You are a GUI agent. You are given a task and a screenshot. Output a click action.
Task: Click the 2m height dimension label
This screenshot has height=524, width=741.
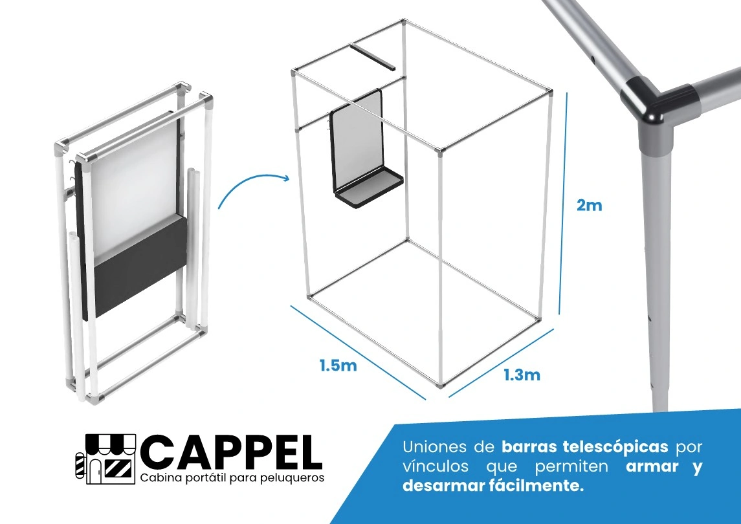[590, 206]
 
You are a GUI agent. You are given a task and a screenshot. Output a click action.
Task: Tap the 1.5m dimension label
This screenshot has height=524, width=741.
[338, 366]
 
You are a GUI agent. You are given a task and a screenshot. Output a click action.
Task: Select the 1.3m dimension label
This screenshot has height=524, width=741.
[522, 375]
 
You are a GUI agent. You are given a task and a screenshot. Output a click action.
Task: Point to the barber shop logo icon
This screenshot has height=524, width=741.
[105, 459]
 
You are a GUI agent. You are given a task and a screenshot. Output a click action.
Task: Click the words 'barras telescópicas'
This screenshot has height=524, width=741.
[585, 446]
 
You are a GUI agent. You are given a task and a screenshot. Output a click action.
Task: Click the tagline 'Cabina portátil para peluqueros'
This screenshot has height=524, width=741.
[232, 477]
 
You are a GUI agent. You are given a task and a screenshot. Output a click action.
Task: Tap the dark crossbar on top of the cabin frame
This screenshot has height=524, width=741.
[372, 57]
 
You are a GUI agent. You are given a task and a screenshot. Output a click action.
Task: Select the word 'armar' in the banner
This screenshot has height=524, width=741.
[652, 467]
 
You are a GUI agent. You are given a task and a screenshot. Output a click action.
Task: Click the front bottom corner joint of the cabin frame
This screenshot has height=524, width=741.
[441, 385]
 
